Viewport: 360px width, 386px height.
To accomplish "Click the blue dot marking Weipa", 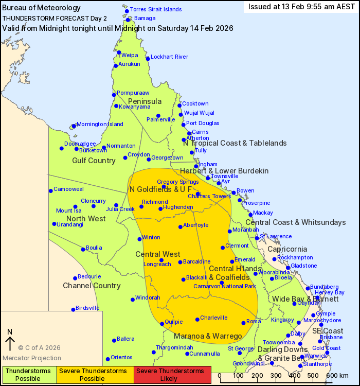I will pyautogui.click(x=119, y=52).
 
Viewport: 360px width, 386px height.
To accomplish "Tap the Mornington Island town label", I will pyautogui.click(x=100, y=125).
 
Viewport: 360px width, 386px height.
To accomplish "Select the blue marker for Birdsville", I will pyautogui.click(x=73, y=309).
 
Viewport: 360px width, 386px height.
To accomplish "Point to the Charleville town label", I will pyautogui.click(x=213, y=318).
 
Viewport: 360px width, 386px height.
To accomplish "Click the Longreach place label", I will pyautogui.click(x=157, y=265).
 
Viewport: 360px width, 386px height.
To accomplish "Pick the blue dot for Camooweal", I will pyautogui.click(x=50, y=190).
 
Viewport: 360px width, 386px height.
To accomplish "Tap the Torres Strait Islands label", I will pyautogui.click(x=156, y=9).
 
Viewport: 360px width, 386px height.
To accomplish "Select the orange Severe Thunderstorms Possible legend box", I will pyautogui.click(x=95, y=375).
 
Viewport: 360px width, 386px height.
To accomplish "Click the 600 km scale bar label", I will pyautogui.click(x=337, y=375).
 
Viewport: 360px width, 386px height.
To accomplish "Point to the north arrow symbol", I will pyautogui.click(x=9, y=341).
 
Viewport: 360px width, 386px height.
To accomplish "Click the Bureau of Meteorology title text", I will pyautogui.click(x=42, y=8).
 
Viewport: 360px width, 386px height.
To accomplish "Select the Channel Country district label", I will pyautogui.click(x=92, y=286).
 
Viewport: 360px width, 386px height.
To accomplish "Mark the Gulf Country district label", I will pyautogui.click(x=94, y=161).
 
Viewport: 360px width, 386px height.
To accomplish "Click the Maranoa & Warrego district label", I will pyautogui.click(x=208, y=336).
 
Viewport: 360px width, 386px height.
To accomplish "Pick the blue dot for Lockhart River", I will pyautogui.click(x=148, y=59).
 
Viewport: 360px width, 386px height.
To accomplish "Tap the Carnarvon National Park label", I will pyautogui.click(x=224, y=286).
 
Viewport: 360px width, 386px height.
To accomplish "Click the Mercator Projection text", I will pyautogui.click(x=32, y=358).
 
